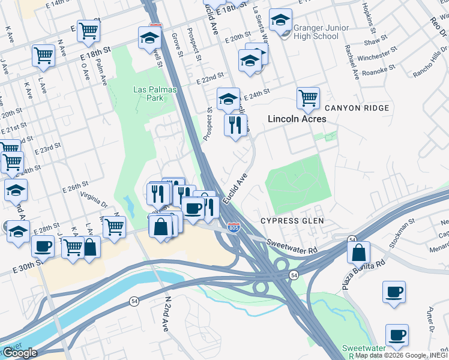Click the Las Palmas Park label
click(x=146, y=94)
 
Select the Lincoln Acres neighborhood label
click(x=297, y=119)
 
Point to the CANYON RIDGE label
click(x=357, y=108)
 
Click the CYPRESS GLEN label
click(x=292, y=221)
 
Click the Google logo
click(x=19, y=353)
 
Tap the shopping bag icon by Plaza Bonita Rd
click(x=358, y=252)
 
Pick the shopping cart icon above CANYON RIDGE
click(x=308, y=98)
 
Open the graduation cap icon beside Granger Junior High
click(x=280, y=20)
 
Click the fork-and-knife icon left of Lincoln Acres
click(x=235, y=125)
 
